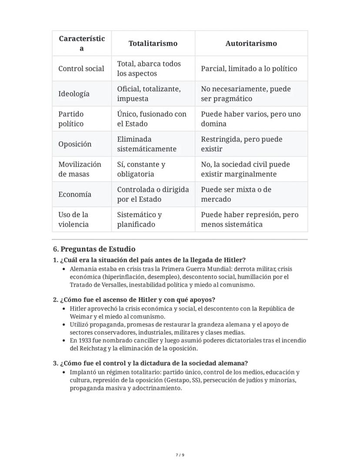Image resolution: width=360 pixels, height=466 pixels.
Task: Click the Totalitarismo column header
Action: (153, 44)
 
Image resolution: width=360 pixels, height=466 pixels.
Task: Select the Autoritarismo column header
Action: (251, 44)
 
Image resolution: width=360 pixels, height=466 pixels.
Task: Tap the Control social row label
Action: (81, 69)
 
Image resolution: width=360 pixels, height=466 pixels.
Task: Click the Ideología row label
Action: (74, 94)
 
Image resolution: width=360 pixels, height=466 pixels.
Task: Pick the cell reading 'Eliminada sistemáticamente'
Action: (147, 144)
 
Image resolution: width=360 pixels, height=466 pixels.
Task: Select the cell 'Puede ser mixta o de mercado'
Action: (236, 194)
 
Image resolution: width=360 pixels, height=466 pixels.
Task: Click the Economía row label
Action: (75, 194)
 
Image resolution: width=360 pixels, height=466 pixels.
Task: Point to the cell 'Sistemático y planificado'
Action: (139, 220)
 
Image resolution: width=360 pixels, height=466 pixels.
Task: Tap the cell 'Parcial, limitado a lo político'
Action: (249, 69)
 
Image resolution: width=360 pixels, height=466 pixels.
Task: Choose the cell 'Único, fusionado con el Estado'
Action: (151, 119)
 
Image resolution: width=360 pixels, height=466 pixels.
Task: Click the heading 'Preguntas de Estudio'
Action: (98, 249)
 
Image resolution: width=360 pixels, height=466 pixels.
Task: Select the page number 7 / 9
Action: (180, 455)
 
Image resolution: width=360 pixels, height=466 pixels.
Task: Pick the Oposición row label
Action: (75, 144)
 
